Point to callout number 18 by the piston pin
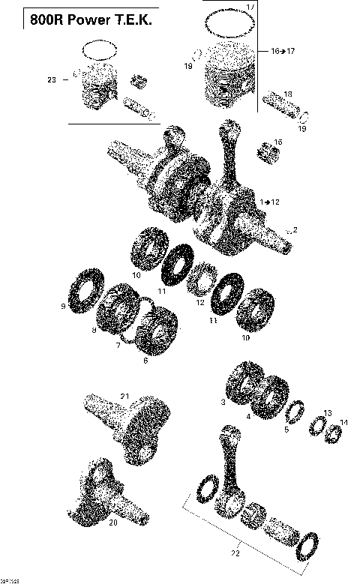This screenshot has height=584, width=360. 288,94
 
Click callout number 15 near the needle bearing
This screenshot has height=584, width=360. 278,142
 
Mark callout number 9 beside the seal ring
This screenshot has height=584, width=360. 63,306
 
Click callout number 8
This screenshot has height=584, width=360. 93,330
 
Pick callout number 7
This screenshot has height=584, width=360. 118,346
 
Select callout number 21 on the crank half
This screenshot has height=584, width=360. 124,397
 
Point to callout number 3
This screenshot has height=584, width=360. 223,403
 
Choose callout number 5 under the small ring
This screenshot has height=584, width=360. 285,430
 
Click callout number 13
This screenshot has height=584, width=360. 327,413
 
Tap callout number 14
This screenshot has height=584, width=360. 344,424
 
